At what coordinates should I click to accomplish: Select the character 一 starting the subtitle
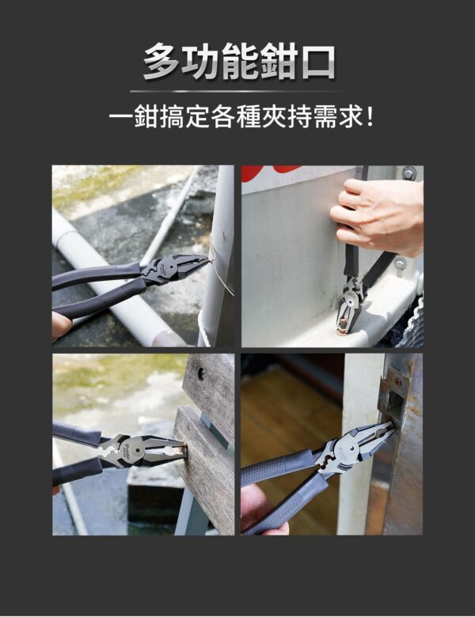tap(120, 119)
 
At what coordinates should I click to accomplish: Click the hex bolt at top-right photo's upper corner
tap(408, 173)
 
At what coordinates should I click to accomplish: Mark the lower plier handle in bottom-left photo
tap(79, 471)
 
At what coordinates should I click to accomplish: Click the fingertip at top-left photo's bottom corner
tap(60, 324)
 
